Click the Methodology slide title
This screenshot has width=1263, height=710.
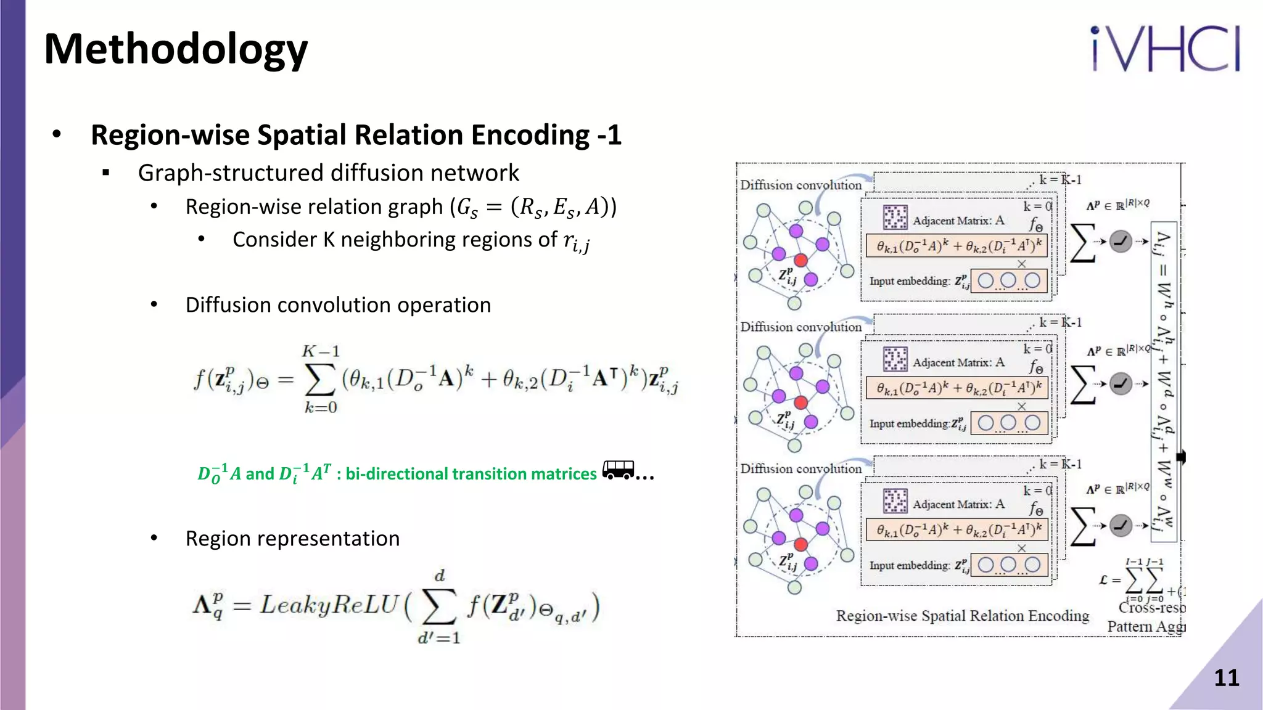176,49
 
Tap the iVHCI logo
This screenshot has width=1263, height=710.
1165,49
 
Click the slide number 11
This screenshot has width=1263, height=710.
1226,678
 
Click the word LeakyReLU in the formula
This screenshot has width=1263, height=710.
329,605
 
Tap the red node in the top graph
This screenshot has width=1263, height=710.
801,261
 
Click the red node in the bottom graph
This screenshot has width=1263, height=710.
801,544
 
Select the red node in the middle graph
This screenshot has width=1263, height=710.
801,402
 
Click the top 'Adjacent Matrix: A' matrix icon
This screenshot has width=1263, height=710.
895,218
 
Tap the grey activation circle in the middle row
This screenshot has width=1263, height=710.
1121,384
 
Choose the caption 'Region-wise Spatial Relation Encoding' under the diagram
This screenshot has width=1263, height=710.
962,616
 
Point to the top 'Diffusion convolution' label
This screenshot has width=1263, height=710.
800,185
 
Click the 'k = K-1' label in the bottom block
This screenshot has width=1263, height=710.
1059,464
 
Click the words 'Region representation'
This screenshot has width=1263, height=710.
292,539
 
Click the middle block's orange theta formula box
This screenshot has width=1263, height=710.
957,388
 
